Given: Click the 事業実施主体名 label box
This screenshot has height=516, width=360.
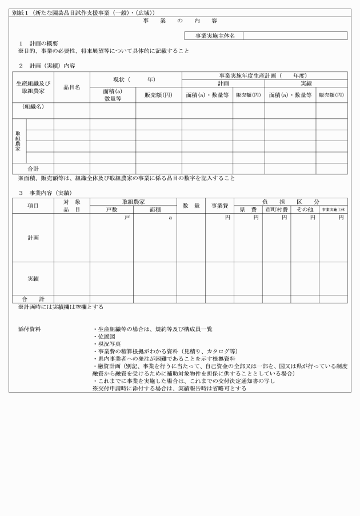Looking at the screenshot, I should click(214, 35).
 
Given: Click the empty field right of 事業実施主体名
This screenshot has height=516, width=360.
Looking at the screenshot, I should click(295, 35).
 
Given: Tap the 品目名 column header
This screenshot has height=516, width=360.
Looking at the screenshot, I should click(71, 87).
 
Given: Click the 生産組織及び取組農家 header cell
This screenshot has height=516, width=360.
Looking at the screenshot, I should click(33, 87).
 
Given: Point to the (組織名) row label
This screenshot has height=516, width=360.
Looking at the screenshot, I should click(33, 107).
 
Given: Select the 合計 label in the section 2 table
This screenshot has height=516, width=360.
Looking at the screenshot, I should click(33, 169).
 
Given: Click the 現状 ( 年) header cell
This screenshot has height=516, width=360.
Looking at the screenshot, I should click(135, 79).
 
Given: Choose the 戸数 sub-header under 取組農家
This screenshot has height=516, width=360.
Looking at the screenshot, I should click(111, 210).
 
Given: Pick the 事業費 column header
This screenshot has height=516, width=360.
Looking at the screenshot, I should click(220, 206).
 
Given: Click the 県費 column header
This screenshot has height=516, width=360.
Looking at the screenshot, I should click(248, 210).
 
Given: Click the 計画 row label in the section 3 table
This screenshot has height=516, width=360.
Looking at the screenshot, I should click(33, 237).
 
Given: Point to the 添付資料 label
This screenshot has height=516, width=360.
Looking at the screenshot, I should click(29, 330).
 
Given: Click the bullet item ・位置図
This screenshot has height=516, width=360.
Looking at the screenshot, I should click(105, 337).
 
